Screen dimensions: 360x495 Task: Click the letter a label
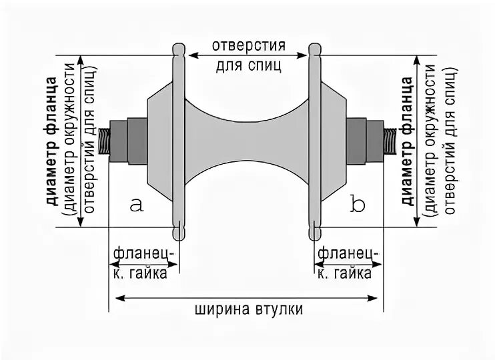coord(137,205)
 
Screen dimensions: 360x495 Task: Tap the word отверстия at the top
coord(250,47)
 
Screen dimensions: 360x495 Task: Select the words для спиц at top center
coord(250,66)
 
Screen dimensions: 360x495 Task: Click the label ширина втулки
coord(250,310)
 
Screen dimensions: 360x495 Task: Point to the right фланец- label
coord(348,253)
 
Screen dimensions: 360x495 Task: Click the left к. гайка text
coord(145,273)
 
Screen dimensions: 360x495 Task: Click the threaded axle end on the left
coord(104,142)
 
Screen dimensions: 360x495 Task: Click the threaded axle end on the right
coord(390,142)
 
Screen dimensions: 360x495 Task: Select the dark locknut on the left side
coord(134,141)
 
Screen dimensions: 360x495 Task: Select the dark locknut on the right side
coord(359,141)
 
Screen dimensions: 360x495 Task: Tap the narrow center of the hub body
coord(246,141)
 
